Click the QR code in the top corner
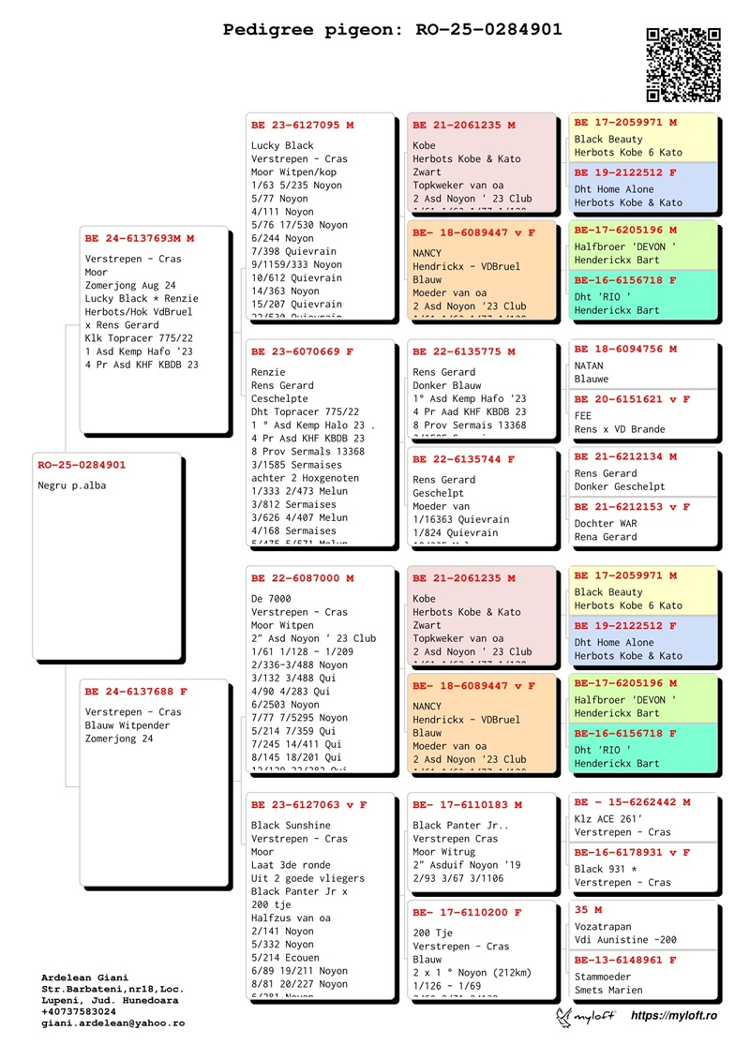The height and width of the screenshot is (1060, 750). click(x=683, y=65)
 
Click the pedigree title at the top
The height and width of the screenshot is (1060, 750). click(x=392, y=30)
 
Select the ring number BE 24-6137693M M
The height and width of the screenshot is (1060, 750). click(x=140, y=239)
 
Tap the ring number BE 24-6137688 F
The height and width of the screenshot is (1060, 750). click(x=136, y=692)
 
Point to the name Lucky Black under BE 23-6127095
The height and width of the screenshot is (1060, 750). click(x=282, y=145)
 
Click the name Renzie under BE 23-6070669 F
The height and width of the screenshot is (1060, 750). click(x=269, y=372)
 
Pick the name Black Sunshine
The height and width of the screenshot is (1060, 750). click(x=291, y=826)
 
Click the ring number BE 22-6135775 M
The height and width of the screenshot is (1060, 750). click(x=464, y=351)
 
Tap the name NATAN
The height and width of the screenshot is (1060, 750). click(x=592, y=366)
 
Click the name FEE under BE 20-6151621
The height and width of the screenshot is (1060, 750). click(x=583, y=416)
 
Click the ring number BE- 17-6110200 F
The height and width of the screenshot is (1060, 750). click(x=467, y=912)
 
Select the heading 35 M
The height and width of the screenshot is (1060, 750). click(x=588, y=909)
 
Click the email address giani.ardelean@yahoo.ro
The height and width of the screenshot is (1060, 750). click(x=112, y=1023)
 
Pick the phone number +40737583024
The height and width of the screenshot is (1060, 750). click(x=79, y=1012)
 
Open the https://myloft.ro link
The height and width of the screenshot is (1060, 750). click(x=673, y=1016)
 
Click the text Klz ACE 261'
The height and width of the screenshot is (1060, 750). click(x=607, y=818)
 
